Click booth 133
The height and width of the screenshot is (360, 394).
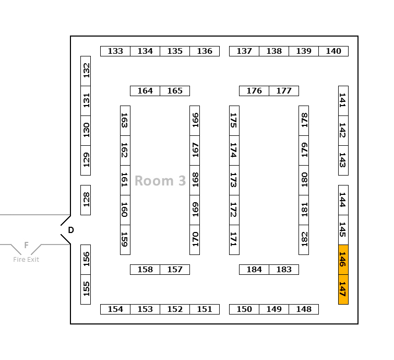point(115,51)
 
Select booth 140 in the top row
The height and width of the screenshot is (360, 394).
point(333,51)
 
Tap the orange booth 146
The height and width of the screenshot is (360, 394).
point(343,259)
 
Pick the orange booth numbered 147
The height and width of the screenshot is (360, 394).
point(343,289)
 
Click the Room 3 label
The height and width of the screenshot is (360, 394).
point(160,181)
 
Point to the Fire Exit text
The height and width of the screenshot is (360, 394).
point(26,260)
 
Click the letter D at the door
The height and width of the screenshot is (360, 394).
point(71,230)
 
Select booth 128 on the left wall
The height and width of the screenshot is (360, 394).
point(86,200)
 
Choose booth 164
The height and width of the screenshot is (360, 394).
point(145,91)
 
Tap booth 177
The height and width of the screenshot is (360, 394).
point(284,91)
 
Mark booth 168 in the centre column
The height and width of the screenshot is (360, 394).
point(195,180)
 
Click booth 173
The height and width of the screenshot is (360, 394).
point(234,180)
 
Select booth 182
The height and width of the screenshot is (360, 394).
point(304,239)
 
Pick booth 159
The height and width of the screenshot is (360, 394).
point(125,239)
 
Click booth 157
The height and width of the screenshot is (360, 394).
point(175,270)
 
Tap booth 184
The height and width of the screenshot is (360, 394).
point(254,270)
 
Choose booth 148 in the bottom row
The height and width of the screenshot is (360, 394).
point(304,309)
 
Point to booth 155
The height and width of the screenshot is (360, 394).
point(86,289)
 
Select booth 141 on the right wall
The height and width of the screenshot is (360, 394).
point(343,100)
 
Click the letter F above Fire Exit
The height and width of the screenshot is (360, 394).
point(26,245)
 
